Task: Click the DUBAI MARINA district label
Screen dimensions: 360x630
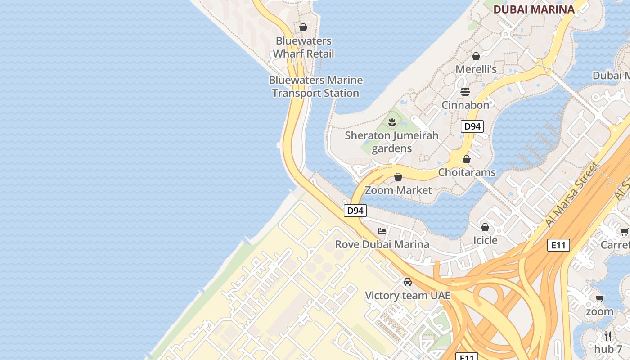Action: pos(534,9)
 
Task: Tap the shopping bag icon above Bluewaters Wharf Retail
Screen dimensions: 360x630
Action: pos(303,27)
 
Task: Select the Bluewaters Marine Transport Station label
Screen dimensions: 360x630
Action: pos(315,87)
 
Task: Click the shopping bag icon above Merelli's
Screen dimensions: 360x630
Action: pos(476,56)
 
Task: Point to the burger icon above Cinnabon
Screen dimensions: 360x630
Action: pos(465,92)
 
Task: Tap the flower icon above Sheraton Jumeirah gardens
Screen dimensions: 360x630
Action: pos(392,121)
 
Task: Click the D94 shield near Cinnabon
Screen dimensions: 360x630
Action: pos(472,126)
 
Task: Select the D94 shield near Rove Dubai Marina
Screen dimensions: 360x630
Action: pos(355,210)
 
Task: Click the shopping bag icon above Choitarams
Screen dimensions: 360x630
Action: pos(467,159)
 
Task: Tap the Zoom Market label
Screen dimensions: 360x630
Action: pos(398,190)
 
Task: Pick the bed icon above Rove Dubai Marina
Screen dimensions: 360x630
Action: pos(382,231)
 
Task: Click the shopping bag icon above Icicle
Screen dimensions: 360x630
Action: pos(485,227)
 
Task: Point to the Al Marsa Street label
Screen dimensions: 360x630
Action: pos(572,195)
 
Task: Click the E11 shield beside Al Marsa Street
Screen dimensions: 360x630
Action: pos(558,245)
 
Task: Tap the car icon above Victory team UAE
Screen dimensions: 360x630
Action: pos(408,282)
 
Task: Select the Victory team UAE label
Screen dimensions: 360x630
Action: pos(407,296)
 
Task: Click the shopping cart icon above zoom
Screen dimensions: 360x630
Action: pos(599,298)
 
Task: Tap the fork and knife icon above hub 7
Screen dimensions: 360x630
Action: pos(608,336)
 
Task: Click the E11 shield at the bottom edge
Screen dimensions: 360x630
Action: pos(467,357)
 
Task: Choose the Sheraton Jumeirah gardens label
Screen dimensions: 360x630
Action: pos(391,142)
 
